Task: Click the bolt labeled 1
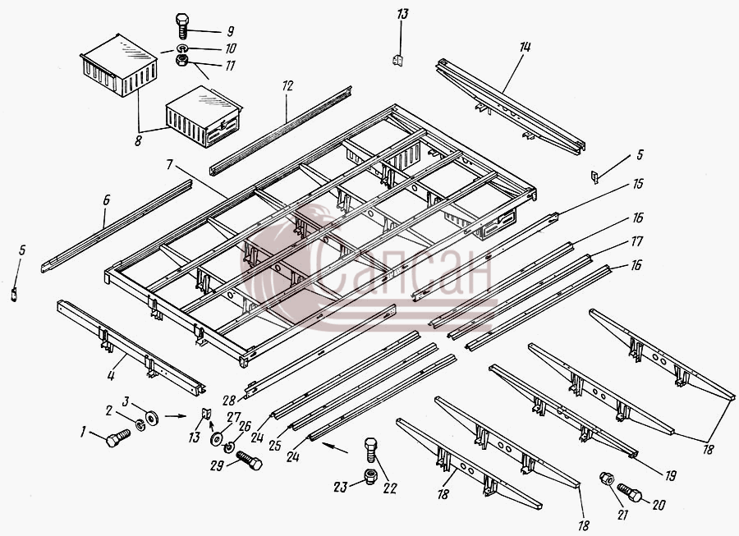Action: click(x=117, y=438)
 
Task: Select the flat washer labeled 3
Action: click(x=152, y=418)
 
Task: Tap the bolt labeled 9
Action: click(x=181, y=26)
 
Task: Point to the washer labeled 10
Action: click(x=181, y=48)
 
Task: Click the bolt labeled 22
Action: click(x=371, y=449)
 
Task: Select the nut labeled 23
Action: click(x=370, y=477)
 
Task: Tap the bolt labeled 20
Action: click(x=629, y=492)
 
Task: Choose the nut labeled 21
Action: click(x=606, y=479)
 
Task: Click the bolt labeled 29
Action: click(x=249, y=460)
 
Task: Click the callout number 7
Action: click(x=170, y=164)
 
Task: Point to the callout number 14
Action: click(x=525, y=47)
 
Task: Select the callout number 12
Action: click(x=287, y=85)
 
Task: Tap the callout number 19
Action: click(x=670, y=476)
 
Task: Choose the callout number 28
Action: click(x=228, y=401)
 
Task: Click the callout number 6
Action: click(x=106, y=200)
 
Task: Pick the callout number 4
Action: click(x=111, y=376)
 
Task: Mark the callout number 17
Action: click(x=636, y=241)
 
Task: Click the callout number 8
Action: click(x=138, y=140)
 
